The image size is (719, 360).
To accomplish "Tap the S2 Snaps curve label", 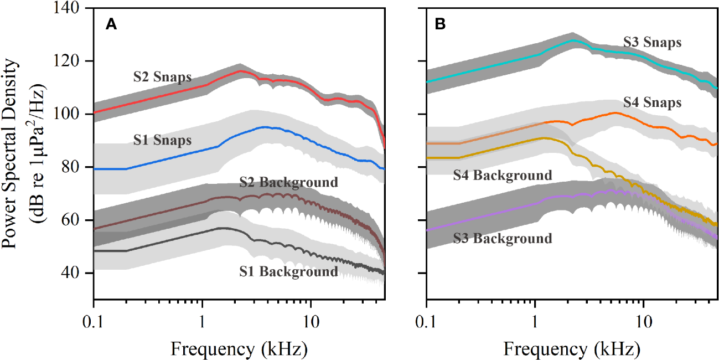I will (x=162, y=77).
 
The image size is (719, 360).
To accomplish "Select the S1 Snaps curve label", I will (x=162, y=140).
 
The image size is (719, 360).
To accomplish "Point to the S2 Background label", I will (x=288, y=182).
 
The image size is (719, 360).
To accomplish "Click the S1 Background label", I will (x=288, y=271).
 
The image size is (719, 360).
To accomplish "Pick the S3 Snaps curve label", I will (x=652, y=42).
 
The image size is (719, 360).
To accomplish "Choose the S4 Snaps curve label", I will (x=652, y=102).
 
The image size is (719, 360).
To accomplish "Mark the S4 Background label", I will (x=503, y=176).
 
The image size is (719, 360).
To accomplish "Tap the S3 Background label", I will (x=503, y=239).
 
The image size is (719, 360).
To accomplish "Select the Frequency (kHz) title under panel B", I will (x=572, y=349).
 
